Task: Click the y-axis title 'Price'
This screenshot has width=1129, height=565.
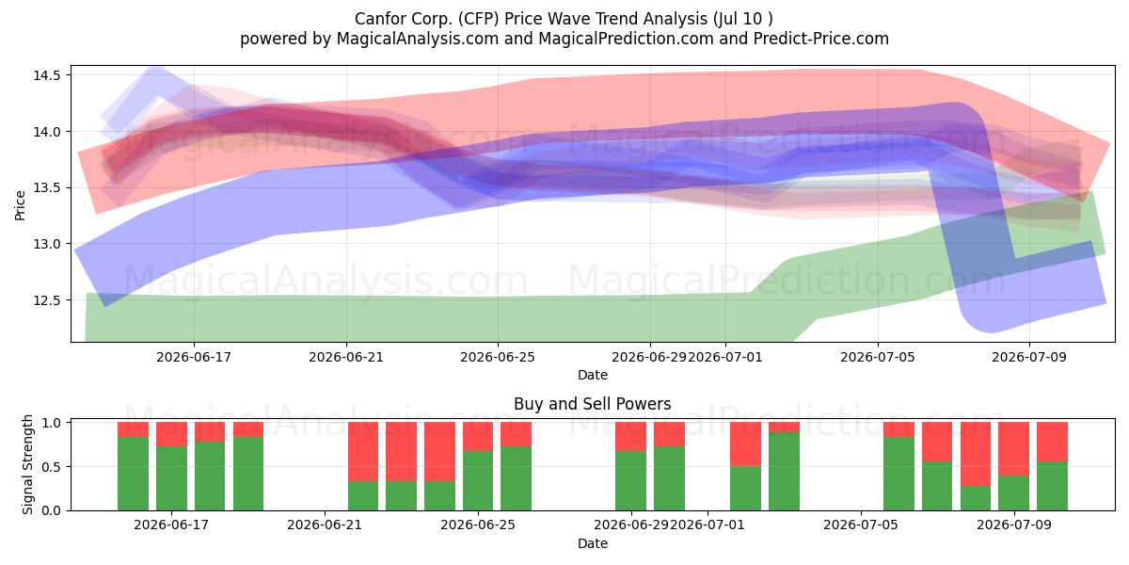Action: click(x=20, y=205)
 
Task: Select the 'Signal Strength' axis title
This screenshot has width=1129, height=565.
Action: click(x=27, y=464)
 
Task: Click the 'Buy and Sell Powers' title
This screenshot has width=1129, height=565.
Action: click(x=592, y=404)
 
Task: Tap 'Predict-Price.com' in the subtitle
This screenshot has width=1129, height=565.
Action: click(x=821, y=39)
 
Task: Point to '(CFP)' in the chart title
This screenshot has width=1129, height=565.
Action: click(x=479, y=19)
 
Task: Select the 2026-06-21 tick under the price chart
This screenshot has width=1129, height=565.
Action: click(x=346, y=357)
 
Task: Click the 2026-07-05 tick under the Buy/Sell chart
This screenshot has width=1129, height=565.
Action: click(x=861, y=525)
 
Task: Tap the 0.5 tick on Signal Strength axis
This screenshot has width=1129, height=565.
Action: click(x=51, y=467)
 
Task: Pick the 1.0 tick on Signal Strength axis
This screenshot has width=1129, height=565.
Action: click(x=51, y=423)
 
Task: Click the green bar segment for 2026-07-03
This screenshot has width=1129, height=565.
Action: click(x=784, y=471)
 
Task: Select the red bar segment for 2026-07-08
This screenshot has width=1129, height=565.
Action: click(x=976, y=454)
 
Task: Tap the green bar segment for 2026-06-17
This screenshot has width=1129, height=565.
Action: click(x=171, y=478)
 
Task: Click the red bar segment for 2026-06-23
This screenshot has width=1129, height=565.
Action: click(x=401, y=451)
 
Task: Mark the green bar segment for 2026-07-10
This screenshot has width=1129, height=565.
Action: click(x=1052, y=486)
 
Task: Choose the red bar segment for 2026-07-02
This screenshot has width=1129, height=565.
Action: click(x=745, y=444)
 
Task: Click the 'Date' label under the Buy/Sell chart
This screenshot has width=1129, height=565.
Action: click(x=592, y=544)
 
